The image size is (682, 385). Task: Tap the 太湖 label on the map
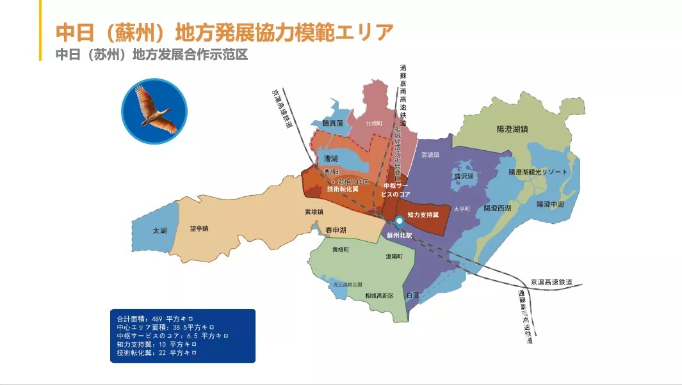click(159, 230)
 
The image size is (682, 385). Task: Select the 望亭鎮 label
click(199, 228)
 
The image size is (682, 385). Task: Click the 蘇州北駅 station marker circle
click(398, 221)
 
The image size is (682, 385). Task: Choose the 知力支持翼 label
click(423, 215)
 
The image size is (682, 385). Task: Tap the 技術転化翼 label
click(343, 189)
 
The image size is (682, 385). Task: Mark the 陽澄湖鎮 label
click(512, 129)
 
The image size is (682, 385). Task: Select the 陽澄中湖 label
click(550, 204)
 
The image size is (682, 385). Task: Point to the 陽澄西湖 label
click(497, 208)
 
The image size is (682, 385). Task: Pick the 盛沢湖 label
click(464, 177)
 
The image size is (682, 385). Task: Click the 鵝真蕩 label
click(333, 123)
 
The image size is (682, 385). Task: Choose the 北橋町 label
click(374, 123)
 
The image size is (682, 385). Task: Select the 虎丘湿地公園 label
click(347, 285)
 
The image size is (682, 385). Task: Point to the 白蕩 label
click(412, 295)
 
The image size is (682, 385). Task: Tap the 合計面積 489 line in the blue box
click(154, 318)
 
